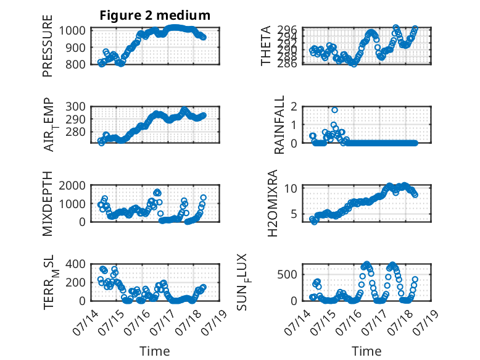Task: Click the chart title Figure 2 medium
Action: [x=155, y=15]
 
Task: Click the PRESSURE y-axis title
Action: [x=48, y=46]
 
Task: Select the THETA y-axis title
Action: [x=266, y=46]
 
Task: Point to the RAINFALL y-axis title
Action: [x=279, y=125]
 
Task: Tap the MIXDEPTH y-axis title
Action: [x=48, y=203]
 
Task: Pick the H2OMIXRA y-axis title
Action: [x=272, y=203]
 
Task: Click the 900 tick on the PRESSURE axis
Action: [x=75, y=48]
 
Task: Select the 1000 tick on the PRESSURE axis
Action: [x=72, y=31]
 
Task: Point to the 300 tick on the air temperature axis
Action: [x=75, y=107]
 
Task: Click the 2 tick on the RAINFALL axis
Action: [x=294, y=107]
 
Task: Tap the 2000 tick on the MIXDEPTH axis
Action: [x=72, y=185]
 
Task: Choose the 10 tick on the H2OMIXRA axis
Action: [x=291, y=188]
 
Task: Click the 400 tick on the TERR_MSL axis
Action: [x=75, y=264]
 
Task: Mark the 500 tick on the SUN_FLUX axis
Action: [x=288, y=275]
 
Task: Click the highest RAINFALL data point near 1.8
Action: [x=334, y=110]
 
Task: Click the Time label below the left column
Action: [x=155, y=351]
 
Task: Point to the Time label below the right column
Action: [x=366, y=351]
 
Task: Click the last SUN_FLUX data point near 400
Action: [x=415, y=279]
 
